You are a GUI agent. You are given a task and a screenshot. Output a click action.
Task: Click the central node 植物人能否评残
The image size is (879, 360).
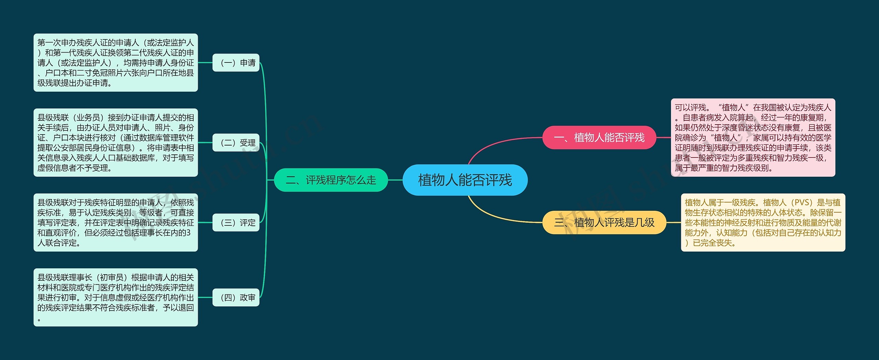click(465, 180)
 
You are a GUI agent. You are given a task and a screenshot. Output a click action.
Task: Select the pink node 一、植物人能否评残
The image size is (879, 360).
click(599, 138)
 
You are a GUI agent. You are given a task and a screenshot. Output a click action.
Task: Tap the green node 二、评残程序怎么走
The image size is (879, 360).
click(331, 180)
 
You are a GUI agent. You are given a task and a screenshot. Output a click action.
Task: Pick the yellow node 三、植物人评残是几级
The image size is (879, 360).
click(604, 222)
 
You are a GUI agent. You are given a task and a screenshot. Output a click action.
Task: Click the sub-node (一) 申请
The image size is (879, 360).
click(236, 63)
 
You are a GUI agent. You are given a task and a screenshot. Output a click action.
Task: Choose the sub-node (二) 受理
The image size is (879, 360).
click(236, 143)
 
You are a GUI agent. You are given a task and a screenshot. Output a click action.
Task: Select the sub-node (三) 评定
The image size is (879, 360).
click(236, 223)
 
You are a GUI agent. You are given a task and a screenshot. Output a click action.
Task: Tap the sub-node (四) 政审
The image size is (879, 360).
click(236, 298)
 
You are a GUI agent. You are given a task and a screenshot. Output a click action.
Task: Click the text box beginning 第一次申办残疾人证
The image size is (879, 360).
click(115, 63)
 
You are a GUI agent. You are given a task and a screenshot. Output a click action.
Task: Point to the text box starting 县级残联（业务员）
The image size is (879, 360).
click(115, 143)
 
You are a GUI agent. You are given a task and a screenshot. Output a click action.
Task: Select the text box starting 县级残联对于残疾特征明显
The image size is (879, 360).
click(115, 223)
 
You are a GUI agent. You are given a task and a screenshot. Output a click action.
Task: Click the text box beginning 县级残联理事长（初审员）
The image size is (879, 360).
click(115, 298)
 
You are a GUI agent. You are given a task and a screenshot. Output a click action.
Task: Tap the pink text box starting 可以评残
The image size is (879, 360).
click(753, 138)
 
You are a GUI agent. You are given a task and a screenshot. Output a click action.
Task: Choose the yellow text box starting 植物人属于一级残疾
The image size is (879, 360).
click(763, 222)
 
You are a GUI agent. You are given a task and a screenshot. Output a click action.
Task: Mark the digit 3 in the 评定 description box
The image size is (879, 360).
click(189, 233)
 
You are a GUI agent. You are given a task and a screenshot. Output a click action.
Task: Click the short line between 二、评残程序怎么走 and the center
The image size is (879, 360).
click(395, 180)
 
